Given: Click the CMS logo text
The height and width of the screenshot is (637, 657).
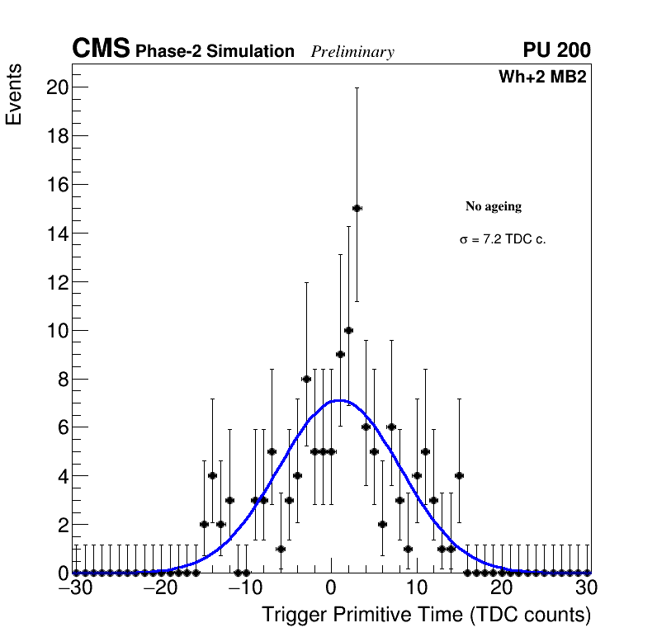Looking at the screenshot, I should pyautogui.click(x=101, y=50).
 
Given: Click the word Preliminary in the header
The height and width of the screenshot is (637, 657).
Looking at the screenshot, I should pyautogui.click(x=352, y=52).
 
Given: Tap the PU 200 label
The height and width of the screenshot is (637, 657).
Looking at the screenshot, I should pyautogui.click(x=556, y=50).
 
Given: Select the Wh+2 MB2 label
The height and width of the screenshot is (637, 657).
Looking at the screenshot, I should pyautogui.click(x=542, y=78).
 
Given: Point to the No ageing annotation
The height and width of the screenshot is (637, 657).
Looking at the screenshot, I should pyautogui.click(x=494, y=206).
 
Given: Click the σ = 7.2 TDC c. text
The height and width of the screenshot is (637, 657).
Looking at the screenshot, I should pyautogui.click(x=503, y=240).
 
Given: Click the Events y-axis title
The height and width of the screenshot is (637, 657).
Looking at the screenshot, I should pyautogui.click(x=14, y=96).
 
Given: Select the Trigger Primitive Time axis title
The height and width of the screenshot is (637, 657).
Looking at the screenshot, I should pyautogui.click(x=426, y=615).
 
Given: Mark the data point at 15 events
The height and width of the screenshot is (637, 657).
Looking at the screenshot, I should pyautogui.click(x=357, y=208).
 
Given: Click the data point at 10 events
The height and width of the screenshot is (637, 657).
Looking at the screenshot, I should pyautogui.click(x=348, y=330).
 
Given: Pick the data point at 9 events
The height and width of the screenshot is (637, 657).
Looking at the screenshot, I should pyautogui.click(x=340, y=354).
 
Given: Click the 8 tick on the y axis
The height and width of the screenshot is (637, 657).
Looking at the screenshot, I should pyautogui.click(x=61, y=380).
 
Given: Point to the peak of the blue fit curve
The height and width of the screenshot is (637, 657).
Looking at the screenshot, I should pyautogui.click(x=339, y=401).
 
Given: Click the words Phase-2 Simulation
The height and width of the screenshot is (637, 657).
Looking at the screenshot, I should pyautogui.click(x=215, y=52).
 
